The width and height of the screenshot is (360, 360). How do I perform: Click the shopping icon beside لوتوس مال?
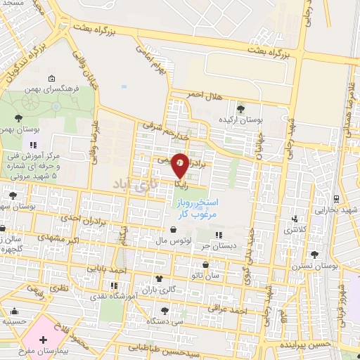tap(173, 229)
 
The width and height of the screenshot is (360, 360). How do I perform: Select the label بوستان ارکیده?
tap(240, 120)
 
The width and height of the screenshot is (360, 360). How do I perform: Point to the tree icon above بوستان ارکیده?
tap(241, 108)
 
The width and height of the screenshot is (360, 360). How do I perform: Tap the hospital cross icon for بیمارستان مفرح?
tap(44, 340)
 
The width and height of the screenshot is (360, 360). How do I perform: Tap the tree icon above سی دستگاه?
tap(164, 310)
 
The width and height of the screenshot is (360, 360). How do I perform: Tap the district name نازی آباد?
tap(130, 184)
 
